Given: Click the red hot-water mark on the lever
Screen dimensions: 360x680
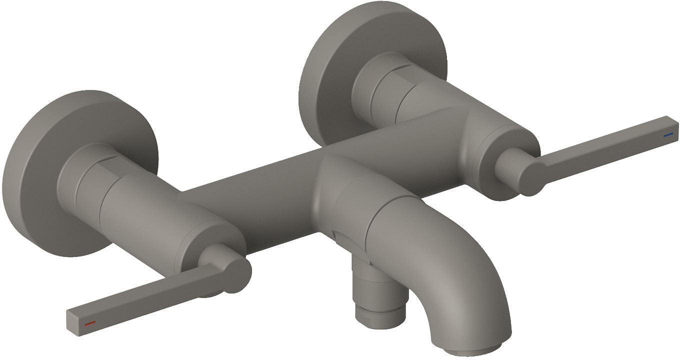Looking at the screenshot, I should coord(90,323).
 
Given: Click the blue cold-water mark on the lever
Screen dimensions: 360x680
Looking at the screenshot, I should coord(668,135).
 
